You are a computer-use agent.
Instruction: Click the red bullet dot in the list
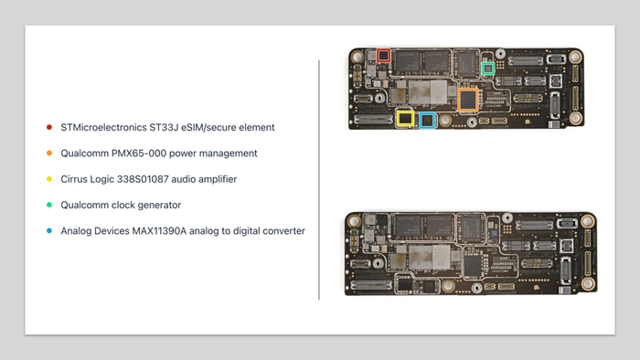coord(49,127)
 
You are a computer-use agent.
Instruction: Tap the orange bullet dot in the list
coord(49,154)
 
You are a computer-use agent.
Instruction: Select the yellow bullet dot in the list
coord(49,179)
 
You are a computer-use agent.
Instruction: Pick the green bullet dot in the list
coord(49,205)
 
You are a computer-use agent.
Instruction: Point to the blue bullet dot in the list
coord(49,231)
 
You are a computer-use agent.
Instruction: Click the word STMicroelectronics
coord(103,128)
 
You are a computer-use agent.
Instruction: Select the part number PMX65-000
coord(139,154)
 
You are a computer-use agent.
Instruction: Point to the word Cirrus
coord(74,179)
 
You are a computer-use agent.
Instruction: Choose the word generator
coord(159,205)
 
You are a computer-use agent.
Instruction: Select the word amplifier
coord(218,179)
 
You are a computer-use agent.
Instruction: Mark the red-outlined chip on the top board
coord(383,56)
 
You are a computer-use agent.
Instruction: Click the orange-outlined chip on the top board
coord(468,100)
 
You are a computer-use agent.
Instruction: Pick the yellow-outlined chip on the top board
coord(405,119)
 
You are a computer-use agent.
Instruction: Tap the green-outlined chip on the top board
coord(488,69)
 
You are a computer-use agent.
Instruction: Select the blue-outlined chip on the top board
coord(427,121)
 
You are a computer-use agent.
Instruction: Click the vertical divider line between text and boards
coord(319,180)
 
